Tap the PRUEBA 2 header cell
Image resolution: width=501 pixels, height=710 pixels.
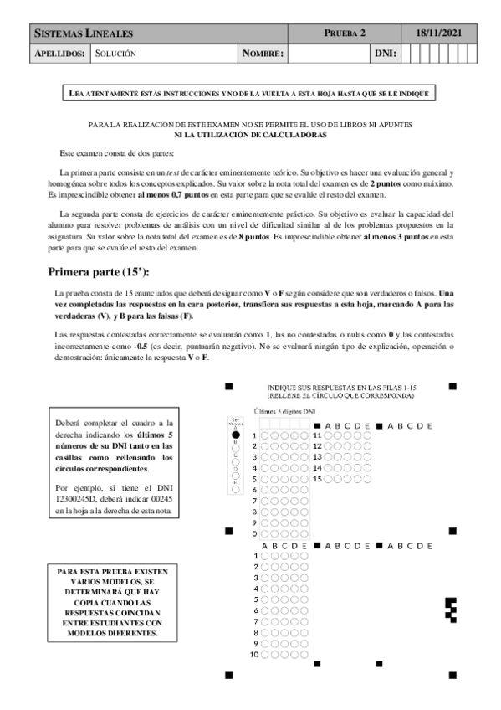click(x=345, y=33)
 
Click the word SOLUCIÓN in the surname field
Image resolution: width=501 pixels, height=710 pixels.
click(x=115, y=54)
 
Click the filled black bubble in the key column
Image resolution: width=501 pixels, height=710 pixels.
click(x=235, y=435)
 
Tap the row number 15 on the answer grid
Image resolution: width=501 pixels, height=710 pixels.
click(x=317, y=478)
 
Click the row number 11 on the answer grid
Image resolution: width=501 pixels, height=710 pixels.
click(x=317, y=435)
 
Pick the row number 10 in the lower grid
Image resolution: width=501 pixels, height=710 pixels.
click(x=254, y=654)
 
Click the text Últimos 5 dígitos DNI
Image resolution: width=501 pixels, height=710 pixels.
click(x=284, y=412)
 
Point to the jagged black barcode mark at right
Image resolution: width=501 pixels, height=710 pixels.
click(x=452, y=610)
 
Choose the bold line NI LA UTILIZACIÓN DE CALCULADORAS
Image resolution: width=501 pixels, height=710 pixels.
click(x=250, y=135)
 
